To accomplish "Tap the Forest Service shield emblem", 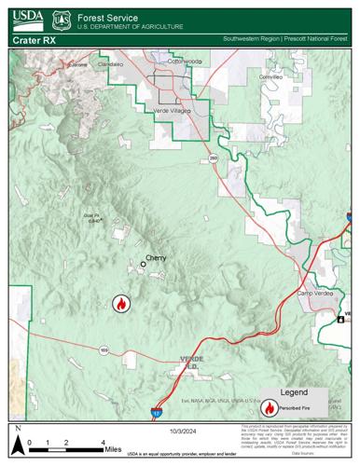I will click(62, 18).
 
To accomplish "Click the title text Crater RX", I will click(34, 41).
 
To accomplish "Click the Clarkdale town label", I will click(110, 64).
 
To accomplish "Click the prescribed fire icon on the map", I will click(120, 303).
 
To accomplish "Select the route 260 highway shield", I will click(213, 158).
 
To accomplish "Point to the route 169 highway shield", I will click(104, 350).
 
